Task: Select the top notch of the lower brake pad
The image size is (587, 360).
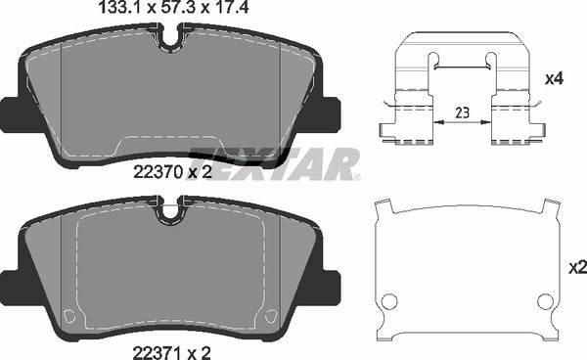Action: pyautogui.click(x=172, y=208)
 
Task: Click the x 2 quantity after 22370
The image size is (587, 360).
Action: pyautogui.click(x=200, y=172)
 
